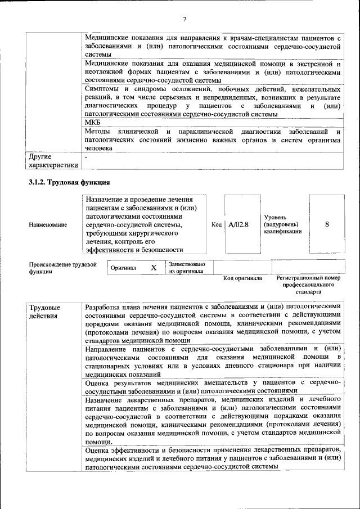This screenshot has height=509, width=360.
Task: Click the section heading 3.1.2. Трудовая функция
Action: coord(69,183)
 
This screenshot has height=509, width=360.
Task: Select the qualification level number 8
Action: coord(327,224)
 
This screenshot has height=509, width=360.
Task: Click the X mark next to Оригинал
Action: coord(154,268)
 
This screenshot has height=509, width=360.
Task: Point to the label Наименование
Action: coord(48,224)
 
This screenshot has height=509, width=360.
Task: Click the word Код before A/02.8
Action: coord(217,224)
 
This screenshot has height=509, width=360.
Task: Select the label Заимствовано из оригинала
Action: coord(187,268)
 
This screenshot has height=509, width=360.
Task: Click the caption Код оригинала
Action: coord(242,278)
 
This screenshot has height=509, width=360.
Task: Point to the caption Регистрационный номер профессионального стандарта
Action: coord(309,285)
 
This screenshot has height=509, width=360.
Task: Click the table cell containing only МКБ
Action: coord(92,123)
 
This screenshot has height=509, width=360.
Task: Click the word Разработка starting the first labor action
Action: coord(105,308)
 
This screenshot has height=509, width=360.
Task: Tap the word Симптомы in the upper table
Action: coord(102,89)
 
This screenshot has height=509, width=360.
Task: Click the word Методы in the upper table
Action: coord(97,132)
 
